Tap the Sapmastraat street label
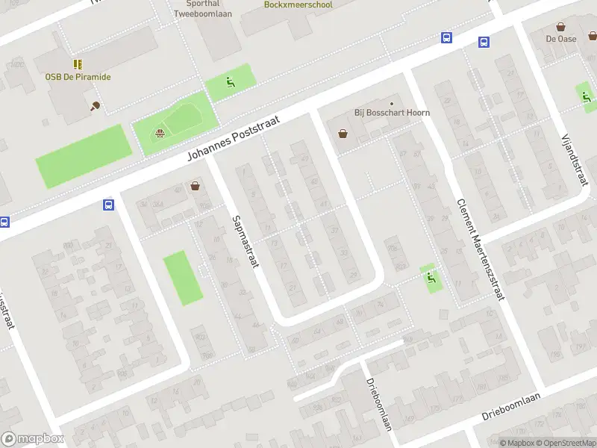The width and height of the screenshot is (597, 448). coord(246,243)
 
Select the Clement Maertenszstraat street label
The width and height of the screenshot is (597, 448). coord(478,251)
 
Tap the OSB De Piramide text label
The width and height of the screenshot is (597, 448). coord(78,77)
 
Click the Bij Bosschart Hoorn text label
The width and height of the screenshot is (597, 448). coord(392,113)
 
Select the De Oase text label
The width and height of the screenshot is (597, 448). coord(560,39)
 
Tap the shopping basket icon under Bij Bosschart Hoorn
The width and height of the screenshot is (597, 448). coord(343,134)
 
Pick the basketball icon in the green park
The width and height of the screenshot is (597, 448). coord(159,134)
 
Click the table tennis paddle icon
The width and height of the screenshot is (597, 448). coord(95,106)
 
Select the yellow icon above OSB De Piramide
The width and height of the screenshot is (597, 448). coord(78,65)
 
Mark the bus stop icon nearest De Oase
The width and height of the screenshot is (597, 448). coord(484,43)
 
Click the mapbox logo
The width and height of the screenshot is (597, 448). coord(32,439)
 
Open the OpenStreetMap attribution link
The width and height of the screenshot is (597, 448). coord(566,443)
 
